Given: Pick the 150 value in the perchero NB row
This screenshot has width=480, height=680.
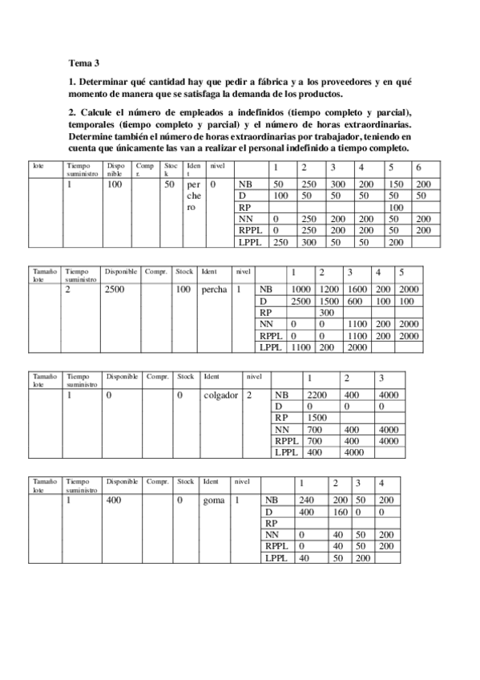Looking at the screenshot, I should point(395,184).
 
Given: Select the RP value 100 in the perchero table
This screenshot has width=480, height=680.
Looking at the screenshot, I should point(394,208).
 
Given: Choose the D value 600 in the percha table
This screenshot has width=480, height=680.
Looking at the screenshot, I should point(355,302).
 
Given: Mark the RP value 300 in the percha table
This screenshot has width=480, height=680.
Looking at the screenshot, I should point(326,313).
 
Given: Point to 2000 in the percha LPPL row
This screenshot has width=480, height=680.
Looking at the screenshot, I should point(357,347).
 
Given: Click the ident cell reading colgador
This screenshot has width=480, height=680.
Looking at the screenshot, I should point(222,395).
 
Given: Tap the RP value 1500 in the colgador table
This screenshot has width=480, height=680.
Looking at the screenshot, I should point(316,418).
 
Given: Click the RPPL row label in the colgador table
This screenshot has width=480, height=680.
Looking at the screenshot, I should point(286,441).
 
